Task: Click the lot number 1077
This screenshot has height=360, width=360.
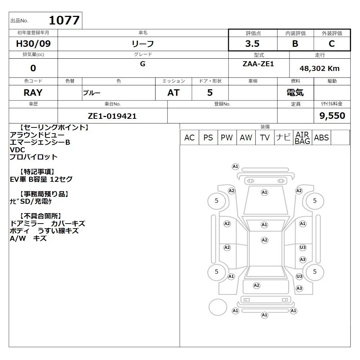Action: (64, 20)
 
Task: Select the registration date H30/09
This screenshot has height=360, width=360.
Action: (33, 44)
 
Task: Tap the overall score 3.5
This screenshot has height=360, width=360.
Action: (252, 44)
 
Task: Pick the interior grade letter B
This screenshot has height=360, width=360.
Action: (295, 44)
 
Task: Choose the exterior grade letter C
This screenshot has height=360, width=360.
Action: (332, 44)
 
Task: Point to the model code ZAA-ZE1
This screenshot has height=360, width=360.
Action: (258, 64)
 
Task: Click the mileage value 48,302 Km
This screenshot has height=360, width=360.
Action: (319, 68)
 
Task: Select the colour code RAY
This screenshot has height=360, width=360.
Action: (33, 93)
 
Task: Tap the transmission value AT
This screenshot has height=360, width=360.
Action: (174, 93)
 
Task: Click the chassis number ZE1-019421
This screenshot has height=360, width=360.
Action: (112, 116)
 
